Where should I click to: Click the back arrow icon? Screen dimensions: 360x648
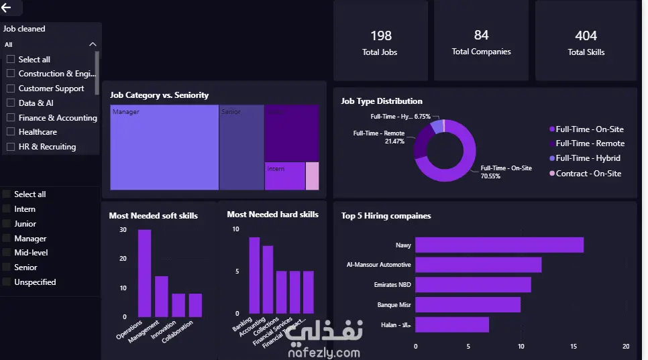[x=7, y=8]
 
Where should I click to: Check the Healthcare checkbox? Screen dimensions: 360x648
[x=11, y=132]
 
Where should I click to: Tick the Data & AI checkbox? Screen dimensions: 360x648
[x=11, y=103]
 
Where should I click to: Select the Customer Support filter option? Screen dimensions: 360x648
[x=11, y=88]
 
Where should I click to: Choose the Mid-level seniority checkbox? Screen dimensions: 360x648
[x=7, y=253]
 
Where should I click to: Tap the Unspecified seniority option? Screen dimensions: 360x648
[x=7, y=282]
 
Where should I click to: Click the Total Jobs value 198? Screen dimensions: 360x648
[x=380, y=36]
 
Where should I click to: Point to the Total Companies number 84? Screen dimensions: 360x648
[x=481, y=35]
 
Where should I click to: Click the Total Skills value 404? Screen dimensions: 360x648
[x=586, y=36]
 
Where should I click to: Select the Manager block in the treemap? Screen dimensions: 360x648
[x=164, y=147]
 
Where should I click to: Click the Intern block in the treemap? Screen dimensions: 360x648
[x=284, y=176]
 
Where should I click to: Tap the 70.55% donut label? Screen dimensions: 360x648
[x=490, y=176]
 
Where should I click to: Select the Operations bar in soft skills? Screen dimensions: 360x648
[x=144, y=273]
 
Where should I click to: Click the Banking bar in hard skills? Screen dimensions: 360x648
[x=254, y=275]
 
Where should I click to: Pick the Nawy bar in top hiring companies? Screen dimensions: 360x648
[x=499, y=245]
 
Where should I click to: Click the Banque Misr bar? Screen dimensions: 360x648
[x=468, y=304]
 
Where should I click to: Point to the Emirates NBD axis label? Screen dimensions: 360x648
[x=392, y=285]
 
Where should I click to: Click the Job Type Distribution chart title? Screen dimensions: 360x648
[x=382, y=101]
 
